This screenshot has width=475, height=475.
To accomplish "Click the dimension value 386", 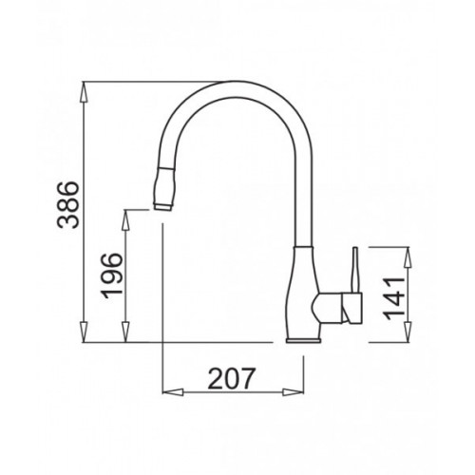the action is (x=67, y=205).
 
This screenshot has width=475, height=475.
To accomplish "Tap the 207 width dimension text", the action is (x=231, y=378).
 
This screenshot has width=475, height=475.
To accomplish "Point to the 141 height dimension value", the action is (x=394, y=298).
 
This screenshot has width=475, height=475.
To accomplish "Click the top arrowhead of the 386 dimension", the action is (x=84, y=92).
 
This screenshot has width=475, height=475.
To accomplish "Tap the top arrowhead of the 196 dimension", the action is (x=126, y=219).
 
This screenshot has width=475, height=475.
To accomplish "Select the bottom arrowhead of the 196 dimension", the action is (x=126, y=332).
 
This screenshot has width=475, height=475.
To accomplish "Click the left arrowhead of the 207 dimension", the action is (x=173, y=392).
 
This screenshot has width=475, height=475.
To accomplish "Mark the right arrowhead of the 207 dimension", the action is (x=294, y=392).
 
